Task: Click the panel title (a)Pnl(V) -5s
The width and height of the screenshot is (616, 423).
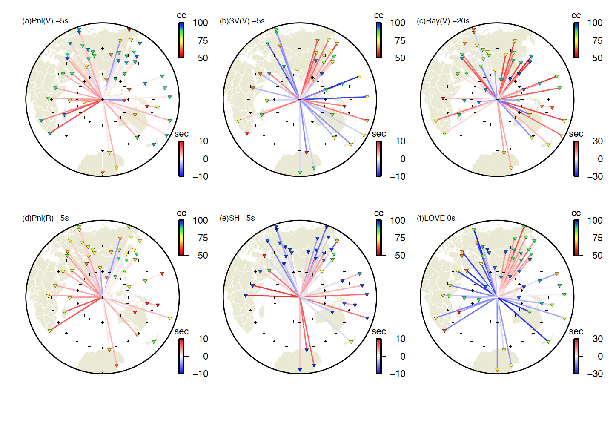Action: click(45, 21)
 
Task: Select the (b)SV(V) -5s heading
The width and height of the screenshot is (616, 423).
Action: click(242, 21)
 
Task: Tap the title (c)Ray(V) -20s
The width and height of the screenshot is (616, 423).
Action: click(443, 21)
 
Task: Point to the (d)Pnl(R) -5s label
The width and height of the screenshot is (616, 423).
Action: click(45, 218)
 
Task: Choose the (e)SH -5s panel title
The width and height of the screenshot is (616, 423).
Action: click(237, 218)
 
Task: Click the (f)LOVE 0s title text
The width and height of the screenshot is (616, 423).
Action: click(435, 218)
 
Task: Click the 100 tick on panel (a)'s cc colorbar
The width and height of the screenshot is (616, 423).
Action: click(201, 23)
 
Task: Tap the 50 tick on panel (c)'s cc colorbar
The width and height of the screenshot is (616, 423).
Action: click(597, 58)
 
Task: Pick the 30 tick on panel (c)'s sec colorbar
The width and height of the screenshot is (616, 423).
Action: click(598, 141)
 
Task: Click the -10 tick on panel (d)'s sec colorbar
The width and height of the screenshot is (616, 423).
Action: click(201, 374)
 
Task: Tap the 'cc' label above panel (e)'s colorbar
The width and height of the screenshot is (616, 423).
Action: click(378, 213)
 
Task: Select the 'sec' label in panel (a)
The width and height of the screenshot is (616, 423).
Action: click(181, 134)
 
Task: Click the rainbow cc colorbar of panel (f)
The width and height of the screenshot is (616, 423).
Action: click(576, 238)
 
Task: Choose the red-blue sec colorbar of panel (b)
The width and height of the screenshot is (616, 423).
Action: click(378, 158)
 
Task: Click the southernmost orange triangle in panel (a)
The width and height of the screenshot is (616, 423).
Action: click(103, 173)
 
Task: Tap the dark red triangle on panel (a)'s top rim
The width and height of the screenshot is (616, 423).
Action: click(129, 29)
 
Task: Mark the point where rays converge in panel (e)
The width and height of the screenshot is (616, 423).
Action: click(300, 297)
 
